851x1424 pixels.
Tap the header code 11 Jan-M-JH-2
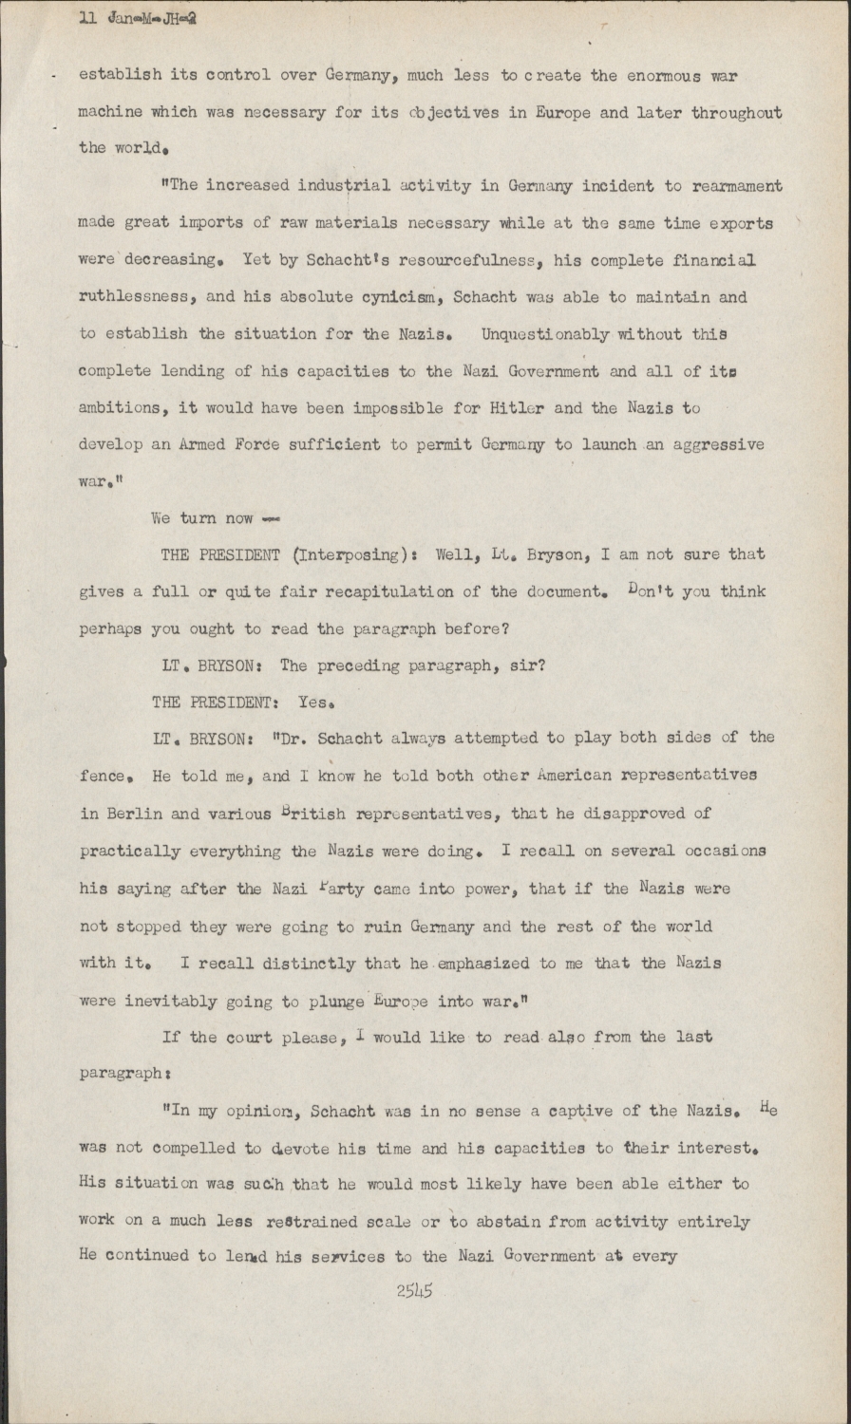pos(139,17)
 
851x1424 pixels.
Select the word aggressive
pos(719,445)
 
